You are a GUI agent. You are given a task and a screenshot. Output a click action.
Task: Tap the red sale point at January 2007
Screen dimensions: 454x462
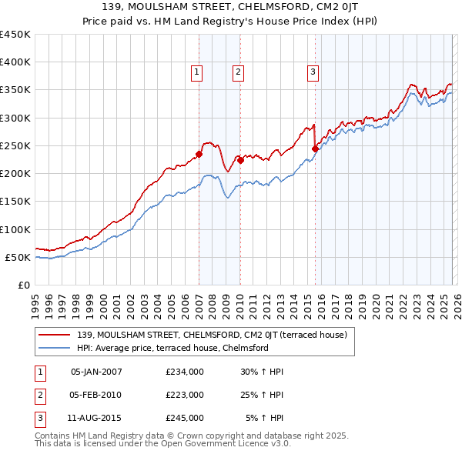(x=199, y=154)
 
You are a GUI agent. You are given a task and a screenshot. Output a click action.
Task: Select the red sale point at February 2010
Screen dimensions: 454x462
(x=240, y=160)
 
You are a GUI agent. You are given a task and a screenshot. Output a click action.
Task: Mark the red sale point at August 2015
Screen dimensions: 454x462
(x=315, y=149)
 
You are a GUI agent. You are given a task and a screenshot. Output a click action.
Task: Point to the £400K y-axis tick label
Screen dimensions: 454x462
(x=15, y=62)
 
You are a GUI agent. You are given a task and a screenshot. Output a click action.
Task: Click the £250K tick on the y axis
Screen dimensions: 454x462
(x=15, y=145)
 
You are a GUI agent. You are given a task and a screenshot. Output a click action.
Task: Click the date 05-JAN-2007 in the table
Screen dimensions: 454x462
(x=96, y=372)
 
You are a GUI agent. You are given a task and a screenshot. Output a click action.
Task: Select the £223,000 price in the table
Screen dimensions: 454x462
(x=185, y=395)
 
